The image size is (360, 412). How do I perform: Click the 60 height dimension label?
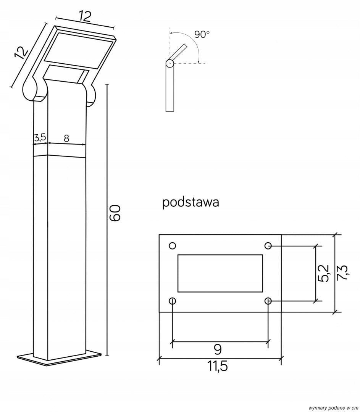click(x=115, y=213)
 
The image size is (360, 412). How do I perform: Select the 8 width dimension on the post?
click(x=66, y=138)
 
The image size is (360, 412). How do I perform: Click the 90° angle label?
click(x=202, y=34)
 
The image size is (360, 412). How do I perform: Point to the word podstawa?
click(x=190, y=202)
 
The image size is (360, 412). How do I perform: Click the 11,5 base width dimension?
click(x=218, y=366)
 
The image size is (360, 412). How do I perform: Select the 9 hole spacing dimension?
click(x=218, y=349)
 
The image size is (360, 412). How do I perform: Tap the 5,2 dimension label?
click(x=323, y=273)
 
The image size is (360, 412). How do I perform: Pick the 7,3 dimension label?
click(x=342, y=273)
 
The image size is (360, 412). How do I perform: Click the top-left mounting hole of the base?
click(x=172, y=245)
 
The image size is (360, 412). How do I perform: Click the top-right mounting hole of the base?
click(x=268, y=245)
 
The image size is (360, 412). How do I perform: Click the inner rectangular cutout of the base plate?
click(x=220, y=274)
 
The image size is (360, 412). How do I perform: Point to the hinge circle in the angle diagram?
click(x=169, y=62)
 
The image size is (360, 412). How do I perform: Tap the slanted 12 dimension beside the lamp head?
click(x=21, y=52)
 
